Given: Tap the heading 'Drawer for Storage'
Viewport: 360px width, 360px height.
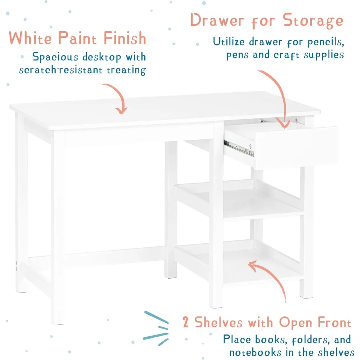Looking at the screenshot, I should (x=267, y=21).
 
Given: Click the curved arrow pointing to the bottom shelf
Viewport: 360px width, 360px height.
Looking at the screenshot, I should (x=266, y=277).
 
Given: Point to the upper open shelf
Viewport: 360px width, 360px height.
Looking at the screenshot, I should (x=241, y=198).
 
